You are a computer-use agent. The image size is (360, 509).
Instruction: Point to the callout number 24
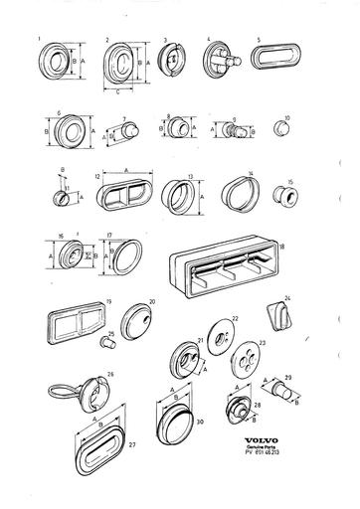286,297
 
